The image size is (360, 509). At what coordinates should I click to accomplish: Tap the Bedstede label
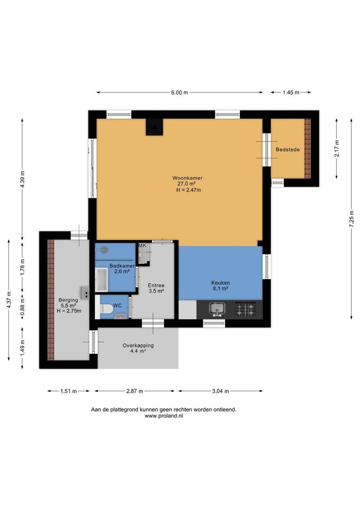[x=284, y=149]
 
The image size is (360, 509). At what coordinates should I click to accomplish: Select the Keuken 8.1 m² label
[x=220, y=286]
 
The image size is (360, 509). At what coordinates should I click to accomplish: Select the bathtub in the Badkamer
[x=101, y=279]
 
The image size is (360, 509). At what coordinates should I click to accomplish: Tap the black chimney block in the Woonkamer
[x=154, y=127]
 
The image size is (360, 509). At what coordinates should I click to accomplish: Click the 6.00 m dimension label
[x=179, y=93]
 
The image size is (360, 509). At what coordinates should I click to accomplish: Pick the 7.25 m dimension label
[x=351, y=220]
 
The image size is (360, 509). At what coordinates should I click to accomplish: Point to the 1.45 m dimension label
[x=291, y=93]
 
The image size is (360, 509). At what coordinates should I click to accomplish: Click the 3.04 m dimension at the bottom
[x=220, y=391]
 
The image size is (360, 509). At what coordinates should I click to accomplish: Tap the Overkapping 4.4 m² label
[x=138, y=348]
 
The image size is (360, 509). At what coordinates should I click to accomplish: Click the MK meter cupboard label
[x=142, y=246]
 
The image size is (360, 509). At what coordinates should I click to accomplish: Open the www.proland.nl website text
[x=164, y=417]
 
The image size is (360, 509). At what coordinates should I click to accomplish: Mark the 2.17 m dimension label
[x=337, y=148]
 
